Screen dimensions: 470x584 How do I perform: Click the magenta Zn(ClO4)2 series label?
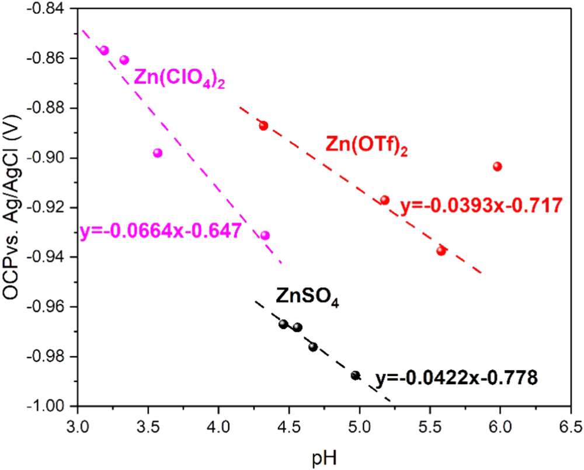point(180,78)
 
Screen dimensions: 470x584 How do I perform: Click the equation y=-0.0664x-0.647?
point(161,231)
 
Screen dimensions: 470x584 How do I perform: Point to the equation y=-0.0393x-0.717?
point(481,205)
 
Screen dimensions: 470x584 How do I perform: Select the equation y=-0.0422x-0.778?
point(456,378)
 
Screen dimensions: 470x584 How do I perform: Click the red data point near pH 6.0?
point(498,166)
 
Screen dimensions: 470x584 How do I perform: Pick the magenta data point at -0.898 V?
point(158,153)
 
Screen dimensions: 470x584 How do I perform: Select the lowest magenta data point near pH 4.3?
point(265,235)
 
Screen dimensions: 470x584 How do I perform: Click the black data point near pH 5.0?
point(356,375)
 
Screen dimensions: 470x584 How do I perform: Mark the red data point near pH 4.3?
point(263,126)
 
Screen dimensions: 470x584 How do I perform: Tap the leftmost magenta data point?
point(105,50)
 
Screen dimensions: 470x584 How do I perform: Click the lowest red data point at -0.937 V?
point(441,250)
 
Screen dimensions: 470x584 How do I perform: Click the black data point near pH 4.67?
point(313,347)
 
